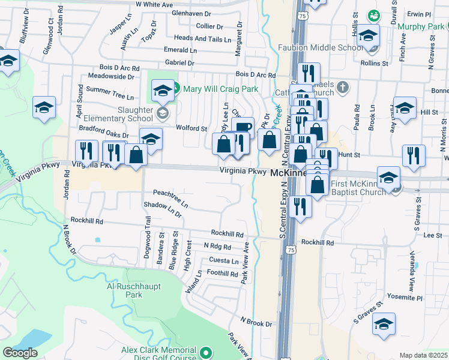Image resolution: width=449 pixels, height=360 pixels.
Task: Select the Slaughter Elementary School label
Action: click(127, 115)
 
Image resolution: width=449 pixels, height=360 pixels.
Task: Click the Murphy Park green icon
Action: click(373, 15)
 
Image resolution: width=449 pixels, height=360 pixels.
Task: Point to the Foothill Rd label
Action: click(222, 274)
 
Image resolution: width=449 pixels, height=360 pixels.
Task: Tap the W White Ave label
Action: click(154, 4)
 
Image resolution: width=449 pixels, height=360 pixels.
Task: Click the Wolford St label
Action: click(191, 128)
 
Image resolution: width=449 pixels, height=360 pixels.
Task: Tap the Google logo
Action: click(20, 353)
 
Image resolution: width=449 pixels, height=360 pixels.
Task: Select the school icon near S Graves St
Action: click(384, 325)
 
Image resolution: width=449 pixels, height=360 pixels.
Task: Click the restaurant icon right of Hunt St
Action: click(414, 155)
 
